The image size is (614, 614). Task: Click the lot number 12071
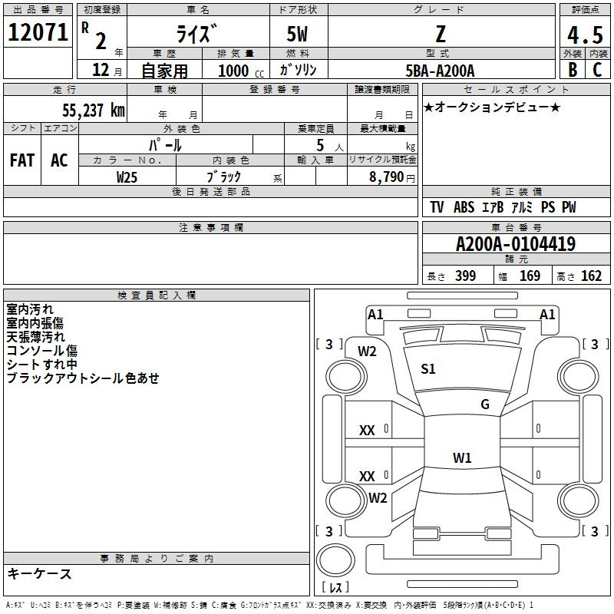(x=38, y=32)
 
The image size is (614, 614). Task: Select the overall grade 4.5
(x=585, y=35)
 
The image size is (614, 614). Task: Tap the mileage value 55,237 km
(x=94, y=110)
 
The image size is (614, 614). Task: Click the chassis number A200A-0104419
(x=516, y=244)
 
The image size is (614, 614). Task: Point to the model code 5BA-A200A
(x=440, y=71)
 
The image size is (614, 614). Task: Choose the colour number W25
(x=127, y=177)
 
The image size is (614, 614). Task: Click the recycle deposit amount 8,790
(x=386, y=177)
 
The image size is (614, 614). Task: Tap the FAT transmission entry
(x=22, y=160)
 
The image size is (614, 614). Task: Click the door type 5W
(x=297, y=34)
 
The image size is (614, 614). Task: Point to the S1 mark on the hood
(x=428, y=369)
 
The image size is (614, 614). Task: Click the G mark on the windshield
(x=485, y=404)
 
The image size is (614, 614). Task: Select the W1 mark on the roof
(x=462, y=457)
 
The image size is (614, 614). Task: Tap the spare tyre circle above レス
(x=335, y=560)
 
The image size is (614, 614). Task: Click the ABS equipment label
(x=464, y=207)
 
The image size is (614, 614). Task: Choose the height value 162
(x=591, y=276)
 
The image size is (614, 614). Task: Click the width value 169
(x=530, y=276)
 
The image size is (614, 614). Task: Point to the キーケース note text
(x=40, y=573)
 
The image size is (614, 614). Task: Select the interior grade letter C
(x=597, y=70)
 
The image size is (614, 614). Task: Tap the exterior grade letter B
(x=573, y=70)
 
